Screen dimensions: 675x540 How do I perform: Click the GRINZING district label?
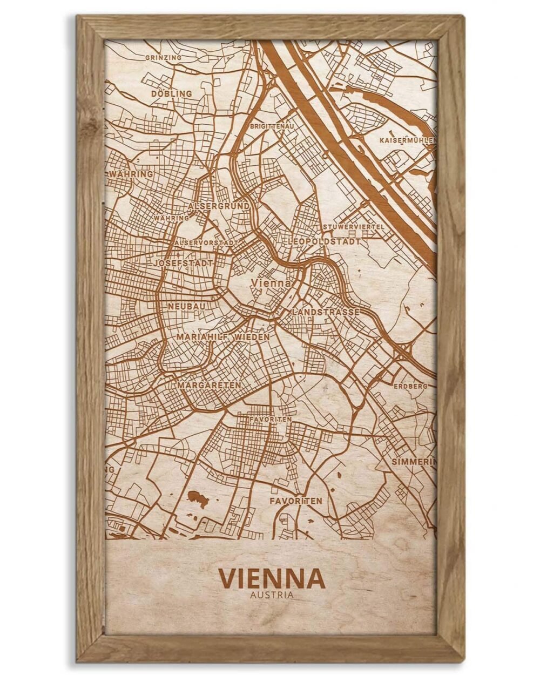point(163,57)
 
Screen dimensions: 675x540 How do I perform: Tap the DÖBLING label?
point(171,93)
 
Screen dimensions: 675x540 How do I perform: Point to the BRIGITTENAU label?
point(272,126)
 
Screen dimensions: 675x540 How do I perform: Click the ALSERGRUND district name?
point(219,206)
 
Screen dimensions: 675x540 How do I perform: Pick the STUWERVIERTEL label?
point(354,227)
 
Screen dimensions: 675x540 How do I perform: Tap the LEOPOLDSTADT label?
point(325,241)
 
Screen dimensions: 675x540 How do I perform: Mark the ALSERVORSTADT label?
point(206,244)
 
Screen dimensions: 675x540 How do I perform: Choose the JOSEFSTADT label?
point(183,262)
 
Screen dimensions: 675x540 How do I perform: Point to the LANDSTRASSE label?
point(326,312)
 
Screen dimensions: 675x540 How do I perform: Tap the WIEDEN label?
point(252,337)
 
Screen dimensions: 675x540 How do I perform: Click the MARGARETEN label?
point(209,386)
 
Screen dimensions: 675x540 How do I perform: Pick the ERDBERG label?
point(410,386)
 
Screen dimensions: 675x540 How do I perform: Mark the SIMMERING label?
point(414,462)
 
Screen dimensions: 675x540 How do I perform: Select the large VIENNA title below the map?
point(272,578)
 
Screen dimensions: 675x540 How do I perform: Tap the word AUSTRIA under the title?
point(272,596)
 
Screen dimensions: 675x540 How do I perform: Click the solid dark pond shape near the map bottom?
point(198,498)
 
